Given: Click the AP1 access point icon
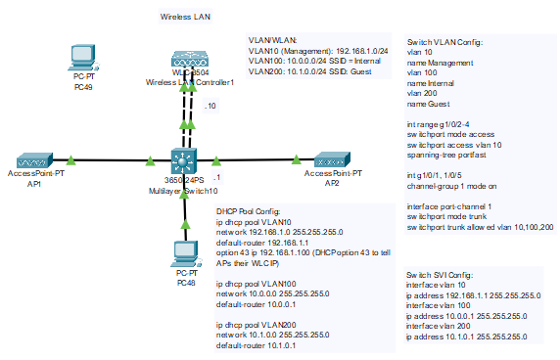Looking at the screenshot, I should point(36,158).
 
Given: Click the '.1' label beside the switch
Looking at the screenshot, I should point(216,177).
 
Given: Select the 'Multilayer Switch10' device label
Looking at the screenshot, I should point(184,191).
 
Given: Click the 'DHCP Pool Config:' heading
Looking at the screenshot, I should point(248,211).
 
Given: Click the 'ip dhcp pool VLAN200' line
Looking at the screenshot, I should point(258,324).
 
